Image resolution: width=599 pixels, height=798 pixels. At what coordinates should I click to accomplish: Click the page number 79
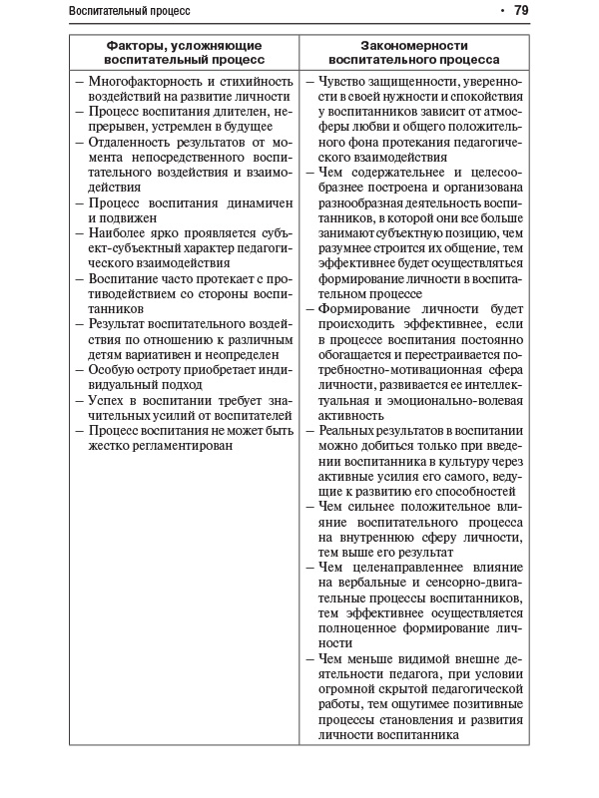coord(521,11)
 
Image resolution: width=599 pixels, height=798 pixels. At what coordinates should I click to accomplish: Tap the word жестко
coord(110,445)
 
